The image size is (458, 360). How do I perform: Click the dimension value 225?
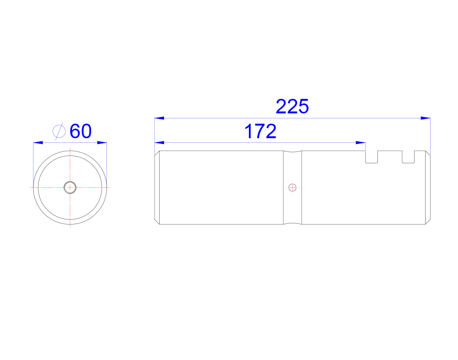[x=292, y=106]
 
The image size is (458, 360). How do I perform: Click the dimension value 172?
[x=260, y=131]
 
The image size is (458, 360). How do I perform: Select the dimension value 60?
[x=81, y=131]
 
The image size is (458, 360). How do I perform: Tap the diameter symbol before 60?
[x=59, y=131]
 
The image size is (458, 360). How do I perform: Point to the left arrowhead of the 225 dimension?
[x=159, y=118]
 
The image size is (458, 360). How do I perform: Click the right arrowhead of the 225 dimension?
[x=425, y=118]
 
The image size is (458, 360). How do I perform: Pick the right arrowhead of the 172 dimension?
[x=361, y=143]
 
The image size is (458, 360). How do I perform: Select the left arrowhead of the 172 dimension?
[x=159, y=143]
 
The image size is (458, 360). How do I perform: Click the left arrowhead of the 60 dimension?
[x=38, y=143]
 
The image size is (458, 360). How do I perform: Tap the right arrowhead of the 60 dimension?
[x=102, y=143]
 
